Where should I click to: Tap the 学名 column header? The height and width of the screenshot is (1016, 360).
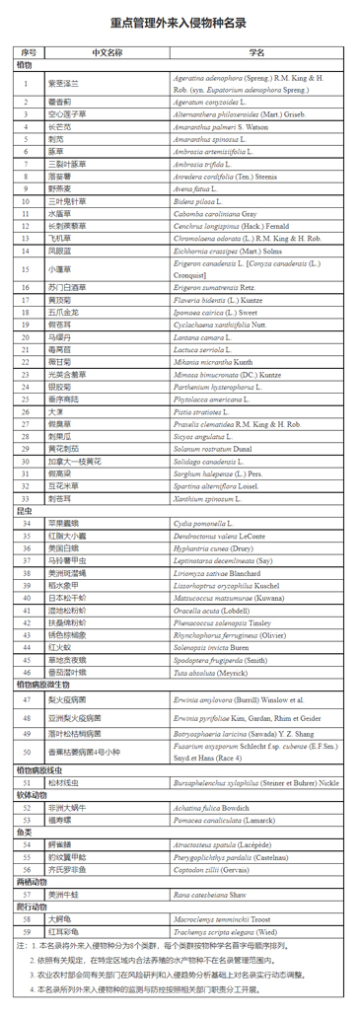[x=256, y=51]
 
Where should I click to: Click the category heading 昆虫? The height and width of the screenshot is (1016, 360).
[x=25, y=511]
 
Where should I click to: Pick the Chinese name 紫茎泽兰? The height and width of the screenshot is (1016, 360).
[x=63, y=83]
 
